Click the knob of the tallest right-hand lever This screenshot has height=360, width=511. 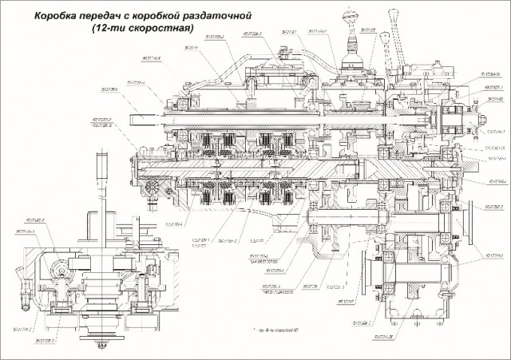[394, 10]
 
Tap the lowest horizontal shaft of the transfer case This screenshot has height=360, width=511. [415, 268]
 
